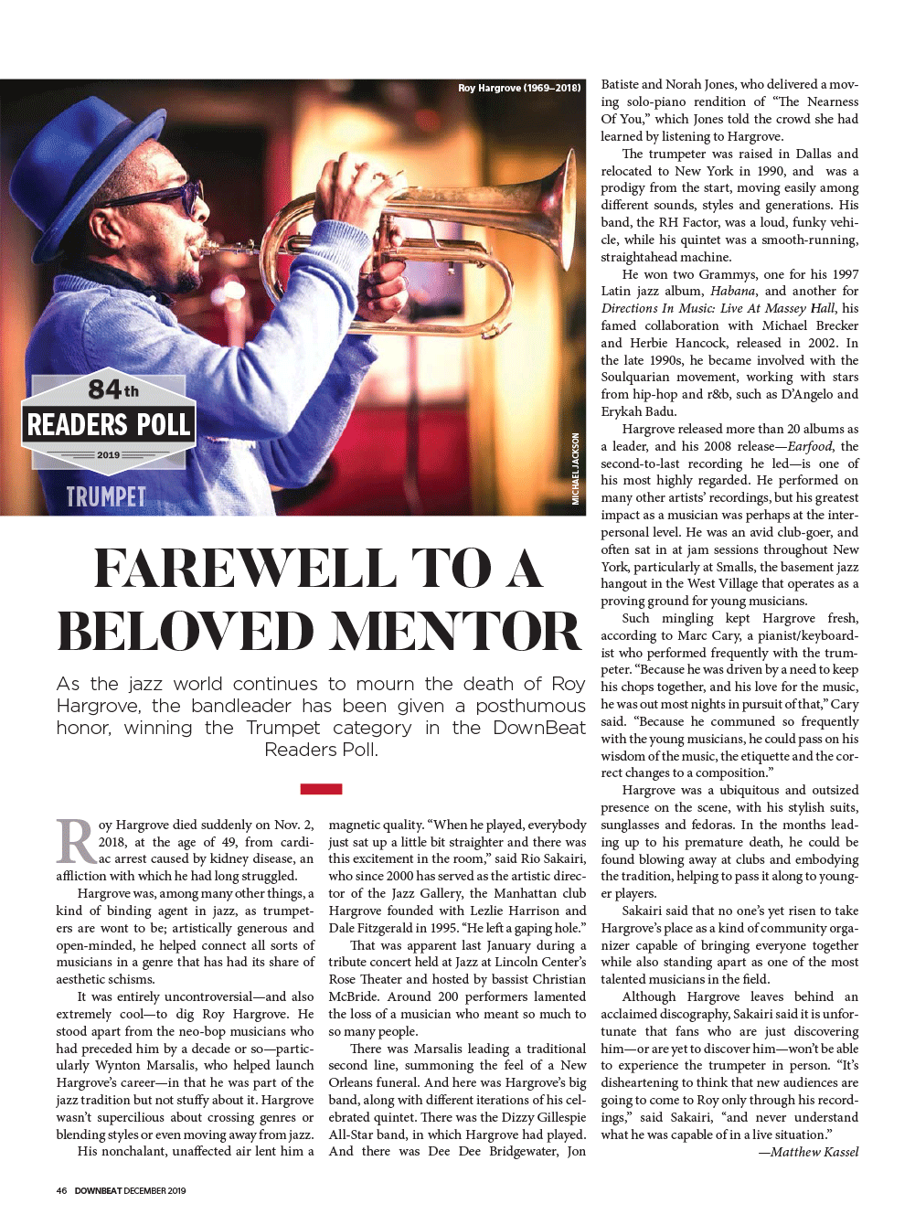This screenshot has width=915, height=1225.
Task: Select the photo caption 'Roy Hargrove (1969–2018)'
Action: (519, 88)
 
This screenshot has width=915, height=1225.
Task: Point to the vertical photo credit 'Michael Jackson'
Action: (575, 468)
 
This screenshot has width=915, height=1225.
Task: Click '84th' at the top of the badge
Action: (113, 389)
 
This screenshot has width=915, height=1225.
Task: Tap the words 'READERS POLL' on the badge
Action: (109, 424)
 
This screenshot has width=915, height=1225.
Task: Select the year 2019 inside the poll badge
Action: (108, 454)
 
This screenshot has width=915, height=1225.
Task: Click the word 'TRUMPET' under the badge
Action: (106, 496)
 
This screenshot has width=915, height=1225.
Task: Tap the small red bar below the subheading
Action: (321, 788)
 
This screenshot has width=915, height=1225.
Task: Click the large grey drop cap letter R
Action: (76, 841)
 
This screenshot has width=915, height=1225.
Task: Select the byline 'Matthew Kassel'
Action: (814, 1152)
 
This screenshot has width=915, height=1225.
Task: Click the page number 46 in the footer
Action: (61, 1190)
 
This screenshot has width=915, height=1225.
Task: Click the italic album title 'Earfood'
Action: (809, 446)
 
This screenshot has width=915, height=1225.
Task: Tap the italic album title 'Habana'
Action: (733, 291)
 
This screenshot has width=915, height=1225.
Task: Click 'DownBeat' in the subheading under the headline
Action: (538, 728)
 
